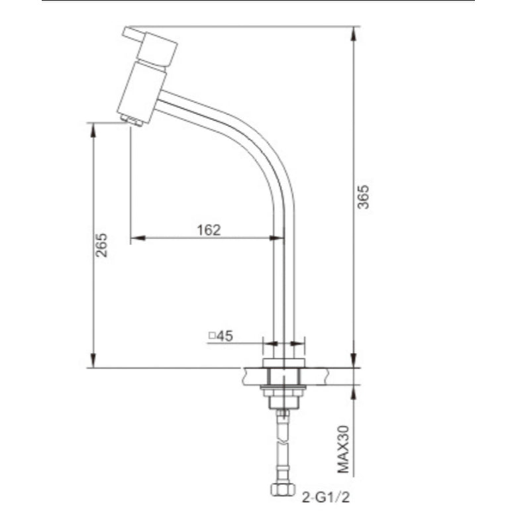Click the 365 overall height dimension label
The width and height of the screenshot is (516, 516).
tap(363, 197)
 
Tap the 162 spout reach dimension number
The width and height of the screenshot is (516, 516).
tap(209, 230)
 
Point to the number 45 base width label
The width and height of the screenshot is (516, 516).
tap(225, 336)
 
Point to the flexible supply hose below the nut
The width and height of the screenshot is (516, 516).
tap(284, 450)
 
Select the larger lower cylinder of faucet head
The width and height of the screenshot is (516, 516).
tap(140, 91)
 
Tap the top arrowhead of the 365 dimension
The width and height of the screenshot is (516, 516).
tap(356, 30)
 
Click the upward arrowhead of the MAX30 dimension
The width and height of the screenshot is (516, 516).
tap(356, 389)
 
